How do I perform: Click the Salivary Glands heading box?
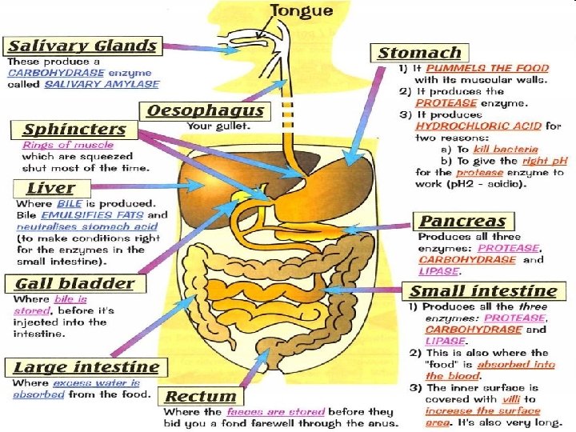coord(82,46)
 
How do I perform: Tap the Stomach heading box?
coord(419,54)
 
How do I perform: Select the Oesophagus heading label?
coord(205,110)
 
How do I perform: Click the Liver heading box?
coord(50,189)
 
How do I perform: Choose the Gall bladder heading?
coord(74,283)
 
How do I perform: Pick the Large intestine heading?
coord(86,367)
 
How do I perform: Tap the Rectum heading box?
coord(201,396)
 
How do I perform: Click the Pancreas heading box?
coord(463,222)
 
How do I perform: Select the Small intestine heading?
coord(483,290)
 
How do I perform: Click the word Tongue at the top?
coord(301,11)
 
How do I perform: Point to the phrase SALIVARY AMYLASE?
coord(102,84)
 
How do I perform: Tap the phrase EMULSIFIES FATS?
coord(93,215)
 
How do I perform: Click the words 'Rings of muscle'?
coord(68,146)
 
